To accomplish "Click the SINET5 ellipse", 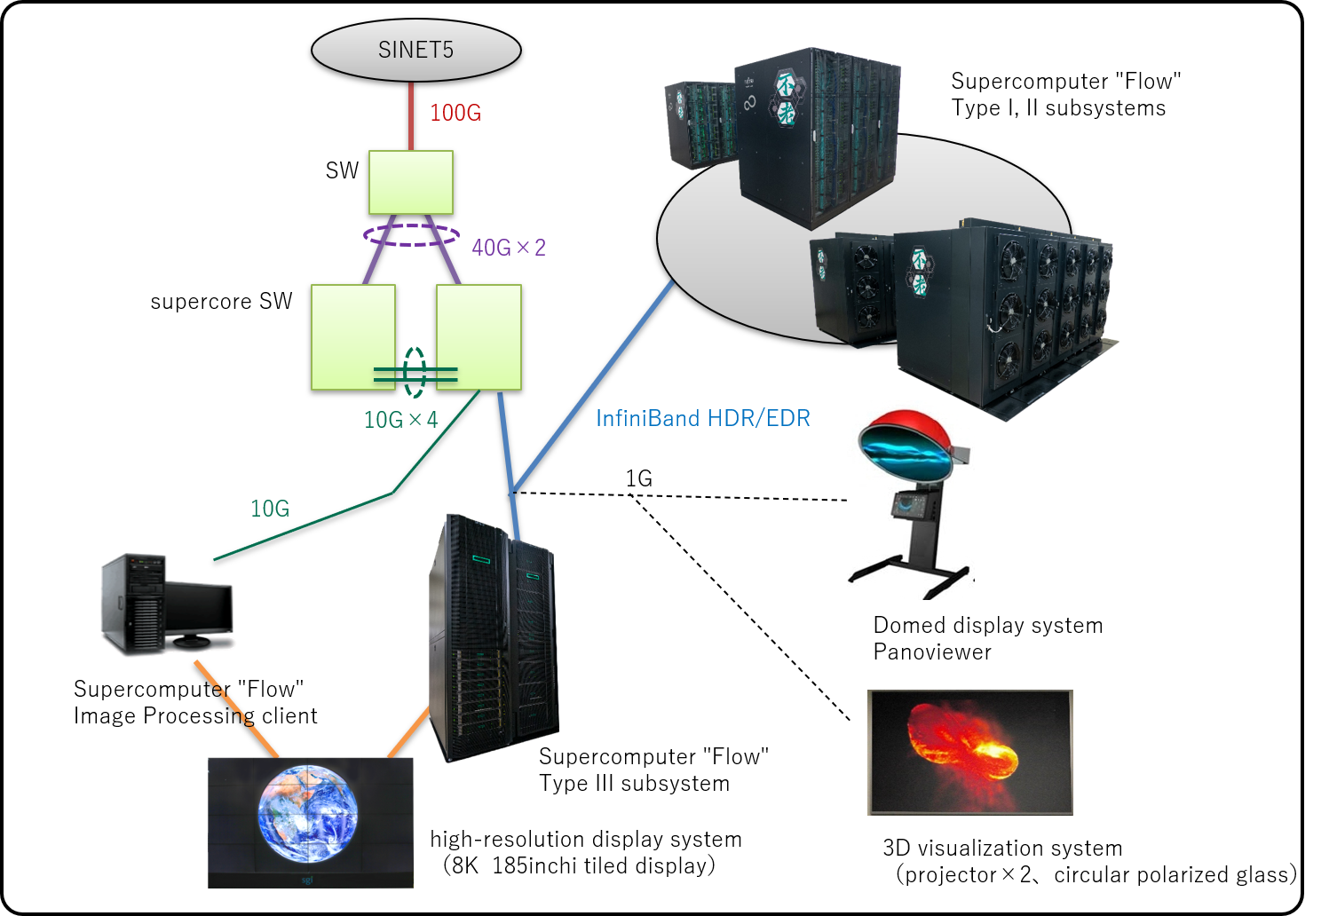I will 415,51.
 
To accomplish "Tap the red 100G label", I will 455,113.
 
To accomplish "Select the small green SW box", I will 411,182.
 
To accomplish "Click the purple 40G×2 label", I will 509,248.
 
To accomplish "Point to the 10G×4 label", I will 400,420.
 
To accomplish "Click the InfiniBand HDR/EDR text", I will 702,418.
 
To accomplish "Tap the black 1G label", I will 638,478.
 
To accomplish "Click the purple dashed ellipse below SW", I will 411,234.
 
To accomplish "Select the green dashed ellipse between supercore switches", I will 415,372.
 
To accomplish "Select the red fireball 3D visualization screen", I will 969,752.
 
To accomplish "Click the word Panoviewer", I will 932,652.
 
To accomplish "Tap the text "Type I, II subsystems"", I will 1058,108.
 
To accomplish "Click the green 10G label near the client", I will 270,509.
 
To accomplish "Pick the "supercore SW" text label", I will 221,302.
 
